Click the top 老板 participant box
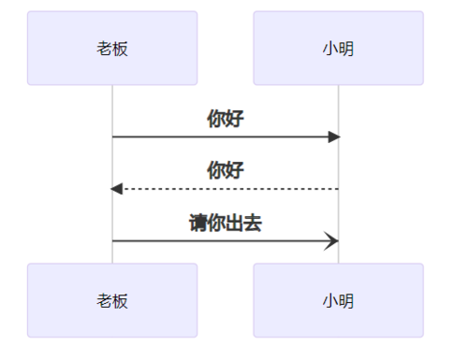point(112,49)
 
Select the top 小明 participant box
point(338,49)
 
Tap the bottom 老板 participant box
point(112,300)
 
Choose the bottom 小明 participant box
point(338,300)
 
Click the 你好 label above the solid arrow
point(226,119)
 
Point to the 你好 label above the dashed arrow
point(226,170)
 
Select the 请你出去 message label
point(226,223)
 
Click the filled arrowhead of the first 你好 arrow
point(333,137)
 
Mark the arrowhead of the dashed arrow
point(117,189)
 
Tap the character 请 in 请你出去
point(197,223)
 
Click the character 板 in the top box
point(121,49)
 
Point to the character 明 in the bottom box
point(346,300)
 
